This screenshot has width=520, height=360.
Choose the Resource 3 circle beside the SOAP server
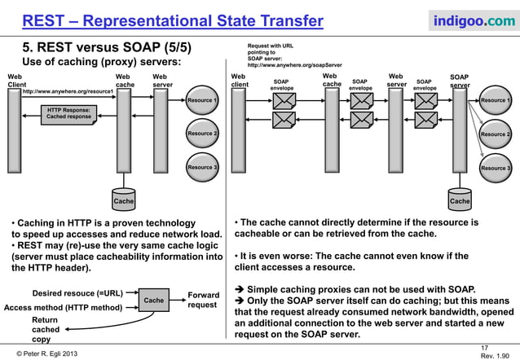(495, 168)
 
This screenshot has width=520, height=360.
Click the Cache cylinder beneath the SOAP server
(460, 200)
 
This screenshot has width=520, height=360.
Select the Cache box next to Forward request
(152, 301)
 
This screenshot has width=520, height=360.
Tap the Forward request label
(203, 300)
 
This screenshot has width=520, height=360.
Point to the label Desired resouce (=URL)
(77, 292)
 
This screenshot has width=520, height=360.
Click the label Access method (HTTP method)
(63, 308)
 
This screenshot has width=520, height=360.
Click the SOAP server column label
(459, 81)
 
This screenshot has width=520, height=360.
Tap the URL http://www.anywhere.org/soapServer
(294, 64)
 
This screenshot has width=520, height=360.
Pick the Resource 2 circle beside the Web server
(202, 134)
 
